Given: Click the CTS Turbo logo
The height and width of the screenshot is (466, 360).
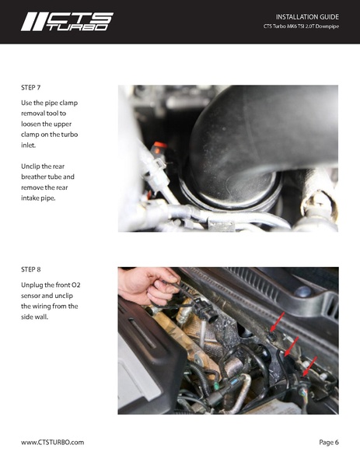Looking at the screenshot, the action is (x=67, y=22).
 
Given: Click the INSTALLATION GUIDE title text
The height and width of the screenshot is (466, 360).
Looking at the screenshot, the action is (x=307, y=17).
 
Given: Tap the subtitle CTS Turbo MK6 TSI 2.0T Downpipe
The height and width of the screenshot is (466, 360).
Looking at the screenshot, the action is (x=301, y=26).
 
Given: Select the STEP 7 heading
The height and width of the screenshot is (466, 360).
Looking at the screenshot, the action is (x=31, y=88).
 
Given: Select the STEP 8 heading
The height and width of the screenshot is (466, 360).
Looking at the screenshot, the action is (x=31, y=269).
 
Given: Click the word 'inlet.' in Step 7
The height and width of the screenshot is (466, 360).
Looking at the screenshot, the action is (x=28, y=145).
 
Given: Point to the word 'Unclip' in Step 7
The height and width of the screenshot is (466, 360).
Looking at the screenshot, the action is (x=30, y=166).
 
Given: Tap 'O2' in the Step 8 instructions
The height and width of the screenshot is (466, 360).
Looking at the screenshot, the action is (x=75, y=285).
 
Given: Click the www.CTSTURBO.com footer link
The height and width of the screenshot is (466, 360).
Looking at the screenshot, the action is (x=52, y=442).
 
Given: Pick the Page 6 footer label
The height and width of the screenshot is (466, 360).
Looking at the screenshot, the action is (x=329, y=442).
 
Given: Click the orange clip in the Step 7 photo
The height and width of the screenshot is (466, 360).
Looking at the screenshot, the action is (x=160, y=145).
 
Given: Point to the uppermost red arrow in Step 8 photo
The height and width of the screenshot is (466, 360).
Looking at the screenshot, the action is (x=277, y=322).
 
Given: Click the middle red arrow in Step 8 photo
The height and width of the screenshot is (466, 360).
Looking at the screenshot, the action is (x=292, y=346).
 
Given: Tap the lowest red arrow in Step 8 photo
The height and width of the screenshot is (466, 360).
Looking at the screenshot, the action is (x=309, y=366).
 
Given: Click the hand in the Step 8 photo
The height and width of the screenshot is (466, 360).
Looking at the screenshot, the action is (x=148, y=286).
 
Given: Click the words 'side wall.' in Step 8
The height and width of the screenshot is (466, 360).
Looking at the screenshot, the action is (x=34, y=317).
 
